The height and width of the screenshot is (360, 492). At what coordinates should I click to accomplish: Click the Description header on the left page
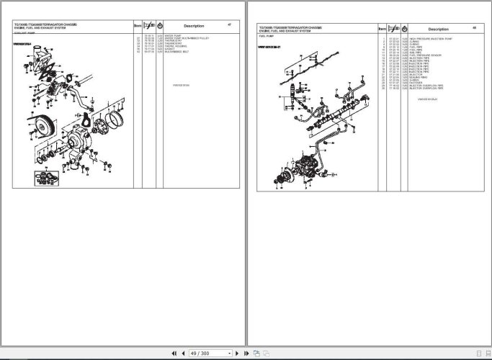[x=193, y=26]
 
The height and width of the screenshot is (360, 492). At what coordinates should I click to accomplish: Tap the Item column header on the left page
[x=138, y=26]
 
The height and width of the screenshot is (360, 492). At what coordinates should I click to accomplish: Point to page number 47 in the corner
[x=228, y=24]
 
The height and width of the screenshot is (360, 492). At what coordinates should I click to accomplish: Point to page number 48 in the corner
[x=474, y=28]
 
